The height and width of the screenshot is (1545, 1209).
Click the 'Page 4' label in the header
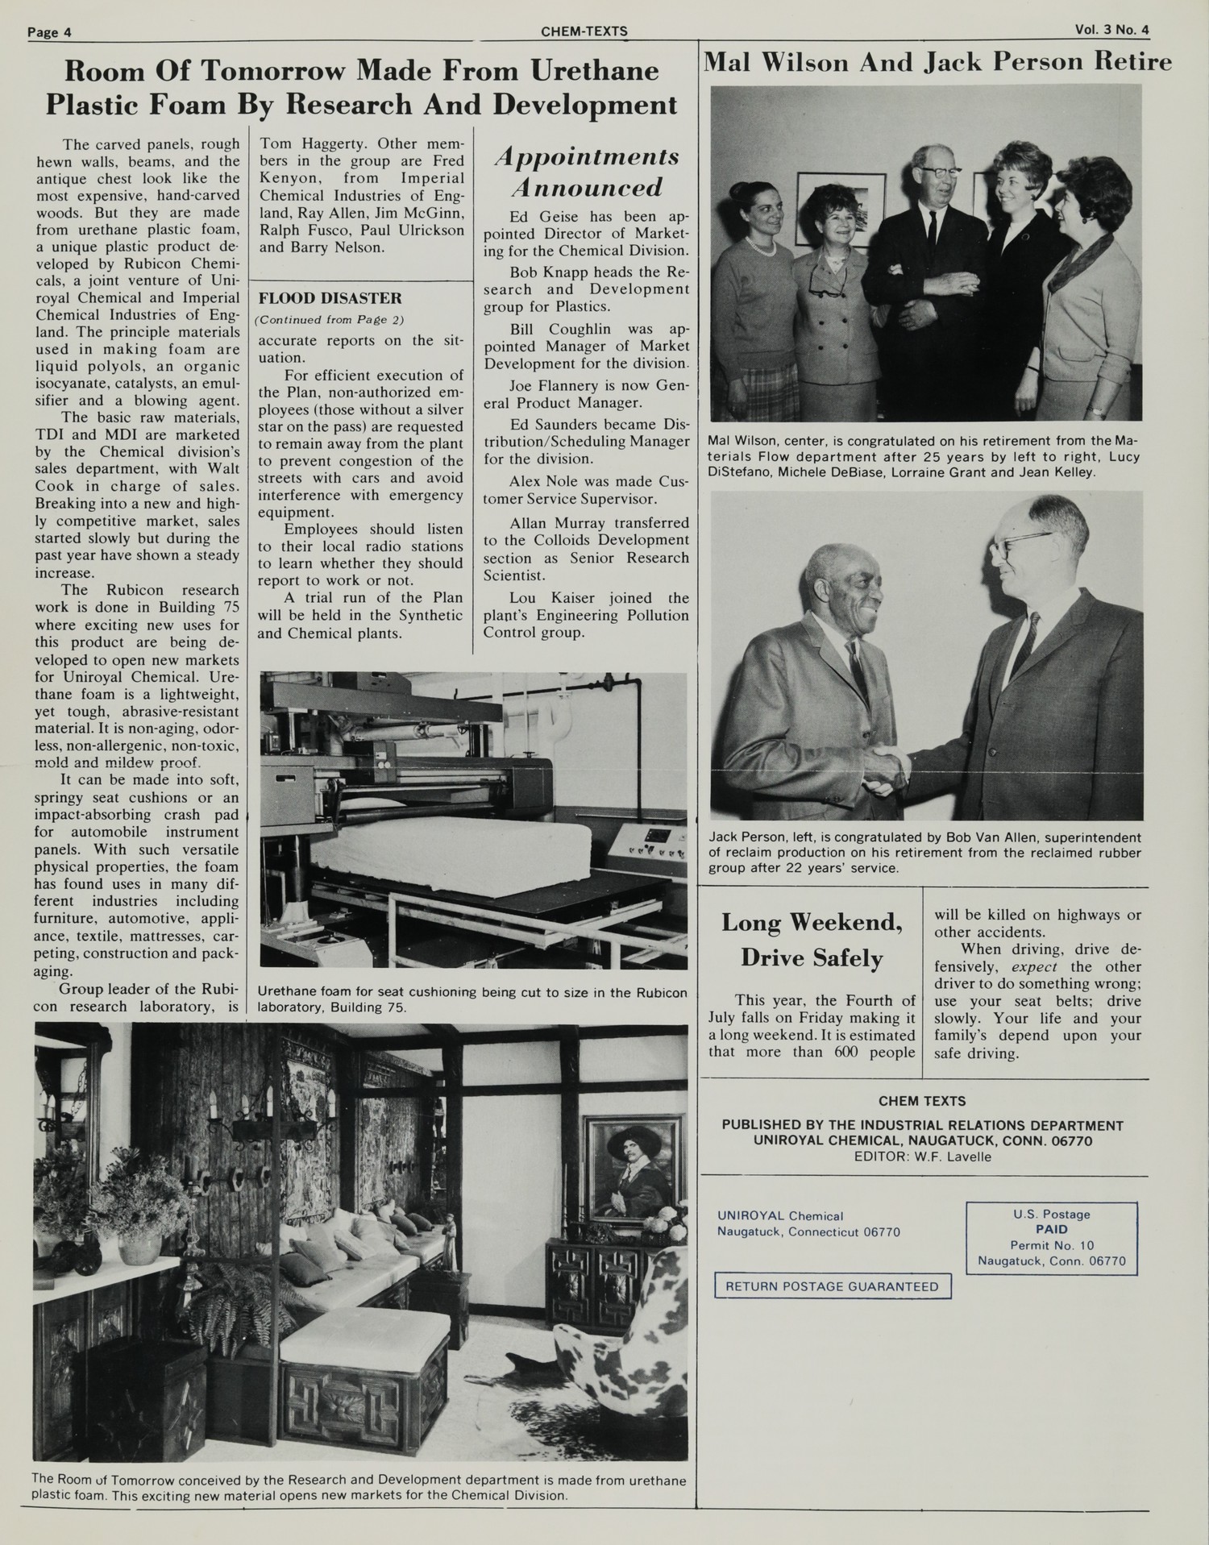49,32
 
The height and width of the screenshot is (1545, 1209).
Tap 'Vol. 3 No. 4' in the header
1111,30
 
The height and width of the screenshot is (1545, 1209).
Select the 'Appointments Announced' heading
586,172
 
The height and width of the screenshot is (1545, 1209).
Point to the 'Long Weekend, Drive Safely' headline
811,940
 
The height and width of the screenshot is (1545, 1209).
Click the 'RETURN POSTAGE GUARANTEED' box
832,1286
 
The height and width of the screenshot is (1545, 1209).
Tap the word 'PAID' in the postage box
1051,1229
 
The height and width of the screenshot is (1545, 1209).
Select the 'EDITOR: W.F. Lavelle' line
922,1157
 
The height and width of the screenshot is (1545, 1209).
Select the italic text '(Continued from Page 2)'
330,320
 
